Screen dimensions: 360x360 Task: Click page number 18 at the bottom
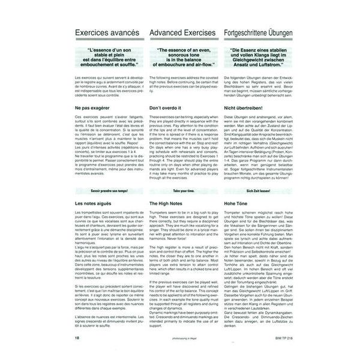click(x=79, y=340)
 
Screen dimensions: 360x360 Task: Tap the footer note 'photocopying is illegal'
click(x=183, y=340)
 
